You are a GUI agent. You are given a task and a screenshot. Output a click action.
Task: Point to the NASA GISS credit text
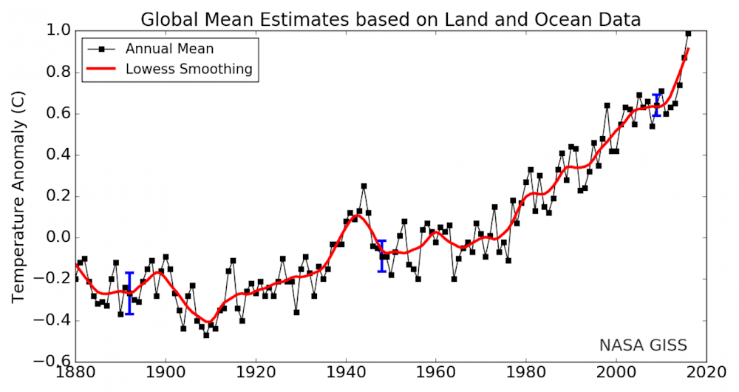coord(643,345)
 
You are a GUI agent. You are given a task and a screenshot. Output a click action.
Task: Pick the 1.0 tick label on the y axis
coord(59,31)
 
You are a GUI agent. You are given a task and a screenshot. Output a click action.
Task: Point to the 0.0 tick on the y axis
coord(59,238)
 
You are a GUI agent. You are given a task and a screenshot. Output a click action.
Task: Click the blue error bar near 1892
coord(129,294)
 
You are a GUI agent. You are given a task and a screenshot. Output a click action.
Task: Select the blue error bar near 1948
coord(382,256)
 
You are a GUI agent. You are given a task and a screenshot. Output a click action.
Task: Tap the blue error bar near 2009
coord(657,105)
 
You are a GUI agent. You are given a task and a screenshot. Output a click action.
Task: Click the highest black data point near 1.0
coord(688,33)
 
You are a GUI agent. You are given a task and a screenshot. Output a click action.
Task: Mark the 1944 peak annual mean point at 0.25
coord(364,186)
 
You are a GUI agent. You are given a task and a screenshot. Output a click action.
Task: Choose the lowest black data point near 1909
coord(206,335)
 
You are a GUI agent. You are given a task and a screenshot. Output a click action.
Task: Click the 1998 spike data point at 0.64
coord(607,106)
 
